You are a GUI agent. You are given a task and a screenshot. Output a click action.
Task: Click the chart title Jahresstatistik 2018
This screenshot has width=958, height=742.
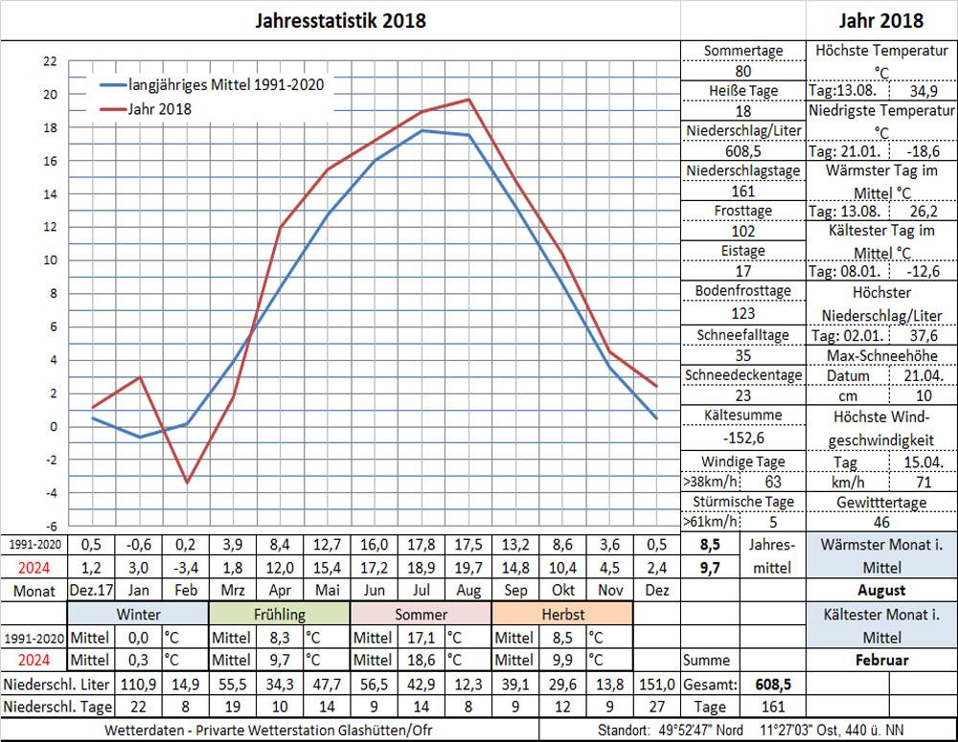pos(341,20)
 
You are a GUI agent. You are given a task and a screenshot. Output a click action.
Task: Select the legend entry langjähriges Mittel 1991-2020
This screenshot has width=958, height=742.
pos(226,84)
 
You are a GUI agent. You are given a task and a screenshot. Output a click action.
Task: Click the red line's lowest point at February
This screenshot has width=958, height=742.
pos(187,482)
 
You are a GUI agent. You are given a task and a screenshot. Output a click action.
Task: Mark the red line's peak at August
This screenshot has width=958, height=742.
pos(468,100)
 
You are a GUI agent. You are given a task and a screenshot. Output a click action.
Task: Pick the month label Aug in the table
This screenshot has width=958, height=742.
pos(468,591)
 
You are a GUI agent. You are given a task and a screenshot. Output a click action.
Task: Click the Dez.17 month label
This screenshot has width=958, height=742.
pos(92,591)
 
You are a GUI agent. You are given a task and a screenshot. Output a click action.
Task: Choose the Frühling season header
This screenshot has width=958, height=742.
pos(280,614)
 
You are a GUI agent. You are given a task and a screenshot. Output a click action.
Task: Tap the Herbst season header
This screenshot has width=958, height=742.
pos(562,614)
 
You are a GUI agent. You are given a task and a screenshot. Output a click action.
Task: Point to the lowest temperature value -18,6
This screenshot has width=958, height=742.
pos(922,151)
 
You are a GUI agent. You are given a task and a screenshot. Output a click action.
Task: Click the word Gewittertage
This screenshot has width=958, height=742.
pos(882,503)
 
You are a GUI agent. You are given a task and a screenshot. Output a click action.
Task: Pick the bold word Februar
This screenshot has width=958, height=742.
pos(881,660)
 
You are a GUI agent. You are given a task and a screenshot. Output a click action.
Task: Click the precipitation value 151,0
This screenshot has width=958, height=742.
pos(656,684)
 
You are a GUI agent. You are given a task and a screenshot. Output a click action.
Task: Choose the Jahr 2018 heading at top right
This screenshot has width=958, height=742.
pos(881,20)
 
